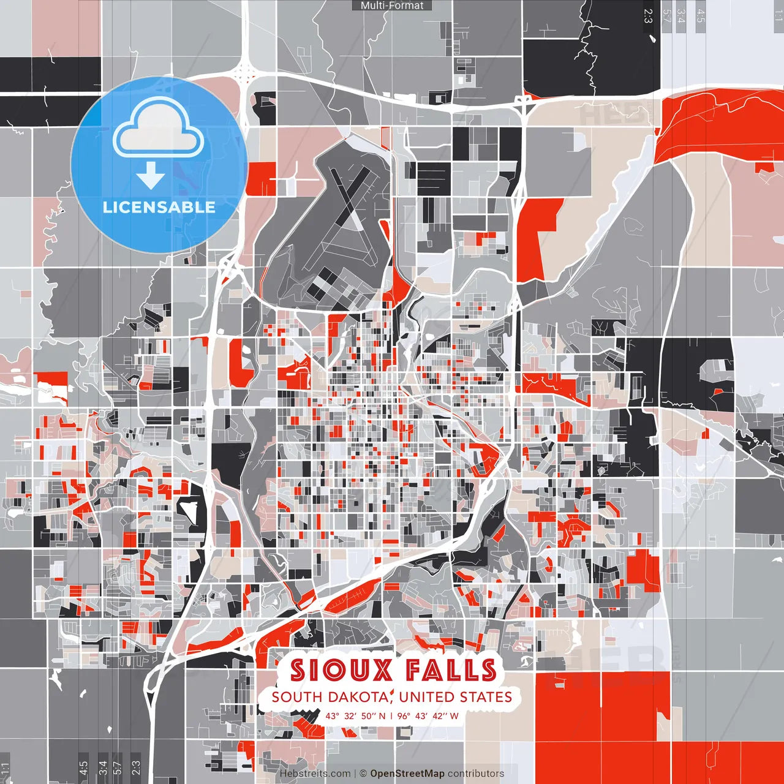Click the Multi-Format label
pyautogui.click(x=392, y=6)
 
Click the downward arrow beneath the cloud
pyautogui.click(x=151, y=178)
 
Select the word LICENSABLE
pyautogui.click(x=159, y=207)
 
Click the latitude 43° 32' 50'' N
pyautogui.click(x=355, y=715)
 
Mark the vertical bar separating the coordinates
pyautogui.click(x=391, y=715)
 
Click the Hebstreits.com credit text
pyautogui.click(x=315, y=774)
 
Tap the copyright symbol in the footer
pyautogui.click(x=363, y=774)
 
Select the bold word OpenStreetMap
pyautogui.click(x=407, y=774)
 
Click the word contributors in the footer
pyautogui.click(x=476, y=774)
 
